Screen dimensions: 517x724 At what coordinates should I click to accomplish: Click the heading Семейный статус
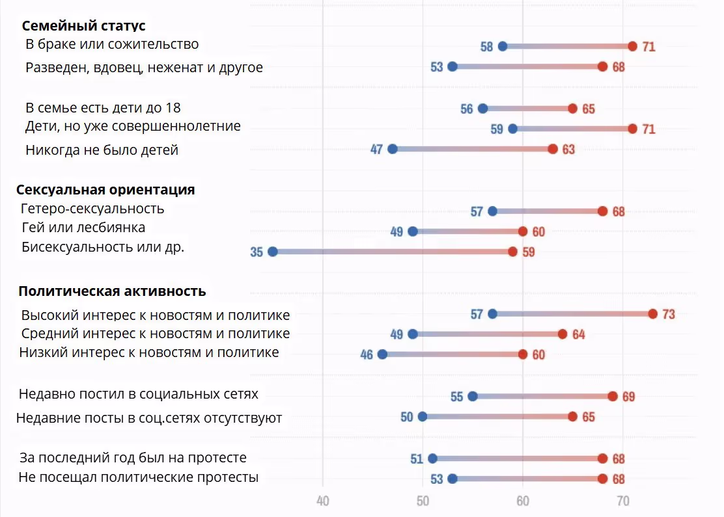tap(83, 26)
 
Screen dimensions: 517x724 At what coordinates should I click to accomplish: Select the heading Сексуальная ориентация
tap(105, 190)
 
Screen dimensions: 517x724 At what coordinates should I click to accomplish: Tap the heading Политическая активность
tap(112, 291)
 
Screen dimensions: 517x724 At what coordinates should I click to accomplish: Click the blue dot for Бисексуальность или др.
tap(273, 252)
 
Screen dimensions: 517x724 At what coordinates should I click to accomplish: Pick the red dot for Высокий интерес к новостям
tap(652, 314)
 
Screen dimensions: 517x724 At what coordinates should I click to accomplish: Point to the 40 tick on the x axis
tap(322, 501)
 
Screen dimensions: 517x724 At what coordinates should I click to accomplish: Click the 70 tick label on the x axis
tap(622, 501)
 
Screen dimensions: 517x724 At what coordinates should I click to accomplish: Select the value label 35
tap(257, 252)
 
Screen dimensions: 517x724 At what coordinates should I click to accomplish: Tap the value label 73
tap(669, 315)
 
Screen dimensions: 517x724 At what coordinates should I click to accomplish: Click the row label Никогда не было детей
tap(102, 150)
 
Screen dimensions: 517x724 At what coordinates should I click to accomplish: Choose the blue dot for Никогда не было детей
tap(393, 149)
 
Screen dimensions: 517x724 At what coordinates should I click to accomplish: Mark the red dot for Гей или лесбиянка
tap(522, 232)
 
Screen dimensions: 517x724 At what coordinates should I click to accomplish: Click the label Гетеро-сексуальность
tap(92, 209)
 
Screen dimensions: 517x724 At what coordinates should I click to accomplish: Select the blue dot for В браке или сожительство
tap(503, 46)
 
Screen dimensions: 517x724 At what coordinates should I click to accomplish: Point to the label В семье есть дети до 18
tap(103, 108)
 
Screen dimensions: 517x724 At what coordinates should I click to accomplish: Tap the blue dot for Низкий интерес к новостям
tap(382, 354)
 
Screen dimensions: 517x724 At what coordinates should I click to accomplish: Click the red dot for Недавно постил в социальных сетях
tap(613, 397)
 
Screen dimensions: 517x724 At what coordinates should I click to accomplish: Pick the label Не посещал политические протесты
tap(138, 477)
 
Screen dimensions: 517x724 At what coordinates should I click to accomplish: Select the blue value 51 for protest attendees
tap(417, 459)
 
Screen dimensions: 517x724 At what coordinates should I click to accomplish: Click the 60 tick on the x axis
tap(522, 501)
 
